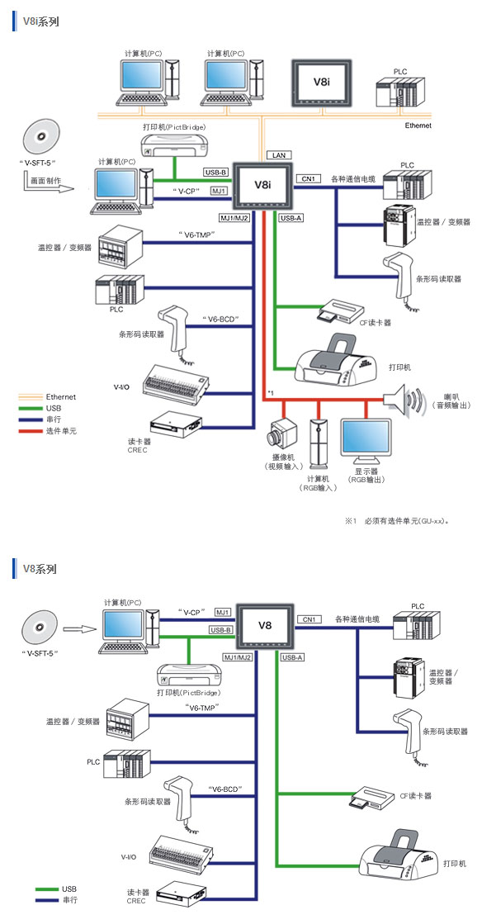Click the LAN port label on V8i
pos(279,155)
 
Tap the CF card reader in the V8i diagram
pos(339,310)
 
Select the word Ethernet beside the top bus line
pos(418,126)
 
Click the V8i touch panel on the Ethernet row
pos(320,83)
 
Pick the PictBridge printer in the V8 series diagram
pos(188,675)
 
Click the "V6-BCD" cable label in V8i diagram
pos(219,319)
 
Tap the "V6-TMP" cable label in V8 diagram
pos(202,707)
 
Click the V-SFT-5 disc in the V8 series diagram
pos(40,629)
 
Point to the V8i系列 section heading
pos(40,21)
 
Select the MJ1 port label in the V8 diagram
pos(223,613)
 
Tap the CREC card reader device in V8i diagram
pos(176,423)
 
